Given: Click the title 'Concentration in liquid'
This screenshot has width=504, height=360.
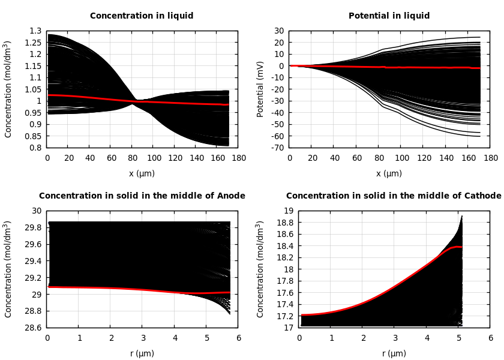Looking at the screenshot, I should (x=142, y=16).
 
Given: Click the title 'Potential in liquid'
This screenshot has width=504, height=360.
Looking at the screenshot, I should (x=389, y=16).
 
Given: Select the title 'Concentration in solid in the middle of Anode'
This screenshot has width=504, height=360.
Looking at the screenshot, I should (x=142, y=196).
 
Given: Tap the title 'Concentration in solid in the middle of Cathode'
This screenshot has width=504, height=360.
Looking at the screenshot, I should (x=393, y=196).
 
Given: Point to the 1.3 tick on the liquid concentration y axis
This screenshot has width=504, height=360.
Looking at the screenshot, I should (x=36, y=31).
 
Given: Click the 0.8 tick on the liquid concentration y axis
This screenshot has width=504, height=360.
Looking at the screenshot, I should (x=36, y=148).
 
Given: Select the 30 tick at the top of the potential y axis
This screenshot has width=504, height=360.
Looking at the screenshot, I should (x=279, y=31).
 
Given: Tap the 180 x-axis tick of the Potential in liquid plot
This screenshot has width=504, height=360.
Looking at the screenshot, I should (x=491, y=158).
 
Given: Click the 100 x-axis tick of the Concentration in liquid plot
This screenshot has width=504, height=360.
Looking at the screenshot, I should (x=153, y=158).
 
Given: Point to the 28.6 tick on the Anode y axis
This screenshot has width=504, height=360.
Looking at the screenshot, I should (x=34, y=328).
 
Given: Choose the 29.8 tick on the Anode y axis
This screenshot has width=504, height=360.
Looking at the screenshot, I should (x=34, y=227).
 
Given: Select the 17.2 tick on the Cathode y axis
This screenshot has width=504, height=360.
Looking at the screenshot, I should (x=286, y=316).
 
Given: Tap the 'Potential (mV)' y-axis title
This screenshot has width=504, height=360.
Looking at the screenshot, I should (x=260, y=89).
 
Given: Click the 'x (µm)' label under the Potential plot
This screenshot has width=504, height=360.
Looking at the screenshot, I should (x=389, y=173).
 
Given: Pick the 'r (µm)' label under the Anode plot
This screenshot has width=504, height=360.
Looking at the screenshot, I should (x=142, y=353).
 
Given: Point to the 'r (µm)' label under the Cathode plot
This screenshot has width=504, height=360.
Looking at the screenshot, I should (x=394, y=353).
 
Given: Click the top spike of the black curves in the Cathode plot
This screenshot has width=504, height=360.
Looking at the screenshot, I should (x=461, y=216).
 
